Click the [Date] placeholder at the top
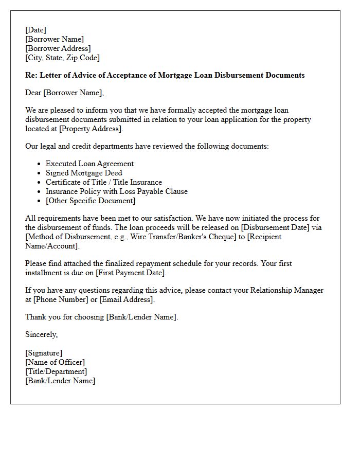[35, 30]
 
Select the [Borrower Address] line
[58, 48]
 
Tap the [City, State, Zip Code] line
[62, 58]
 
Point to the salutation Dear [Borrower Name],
[64, 93]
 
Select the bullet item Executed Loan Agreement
[89, 164]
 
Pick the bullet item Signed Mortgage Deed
[84, 173]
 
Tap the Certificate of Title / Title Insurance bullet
[104, 182]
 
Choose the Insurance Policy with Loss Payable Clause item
[117, 191]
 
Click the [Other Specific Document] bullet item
[91, 201]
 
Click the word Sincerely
[41, 334]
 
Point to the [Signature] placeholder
[44, 353]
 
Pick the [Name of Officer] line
[55, 362]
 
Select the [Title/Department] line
[56, 371]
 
